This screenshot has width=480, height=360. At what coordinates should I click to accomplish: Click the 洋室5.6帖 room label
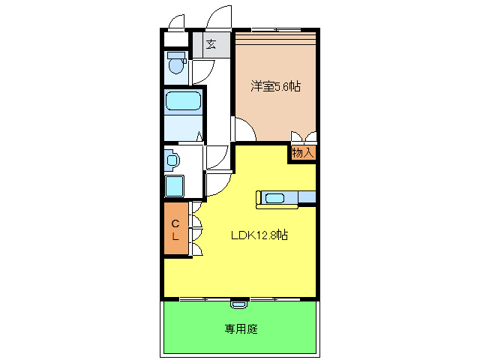click(275, 87)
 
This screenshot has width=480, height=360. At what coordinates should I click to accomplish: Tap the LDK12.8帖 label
click(259, 235)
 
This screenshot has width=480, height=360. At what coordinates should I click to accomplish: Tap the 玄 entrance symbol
click(211, 44)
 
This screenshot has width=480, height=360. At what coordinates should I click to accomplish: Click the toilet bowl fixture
click(176, 64)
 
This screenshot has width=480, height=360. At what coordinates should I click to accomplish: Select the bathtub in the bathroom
click(183, 102)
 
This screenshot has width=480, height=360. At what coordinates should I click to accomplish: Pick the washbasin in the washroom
click(172, 160)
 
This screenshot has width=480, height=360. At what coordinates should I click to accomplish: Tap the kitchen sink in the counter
click(274, 198)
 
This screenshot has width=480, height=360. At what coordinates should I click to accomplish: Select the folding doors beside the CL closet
click(196, 232)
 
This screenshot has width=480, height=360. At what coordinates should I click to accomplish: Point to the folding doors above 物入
click(304, 138)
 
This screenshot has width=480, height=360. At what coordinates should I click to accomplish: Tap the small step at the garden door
click(238, 304)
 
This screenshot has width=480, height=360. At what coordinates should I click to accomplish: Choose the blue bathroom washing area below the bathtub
click(183, 129)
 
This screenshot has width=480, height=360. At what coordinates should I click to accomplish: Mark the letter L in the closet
click(175, 237)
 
